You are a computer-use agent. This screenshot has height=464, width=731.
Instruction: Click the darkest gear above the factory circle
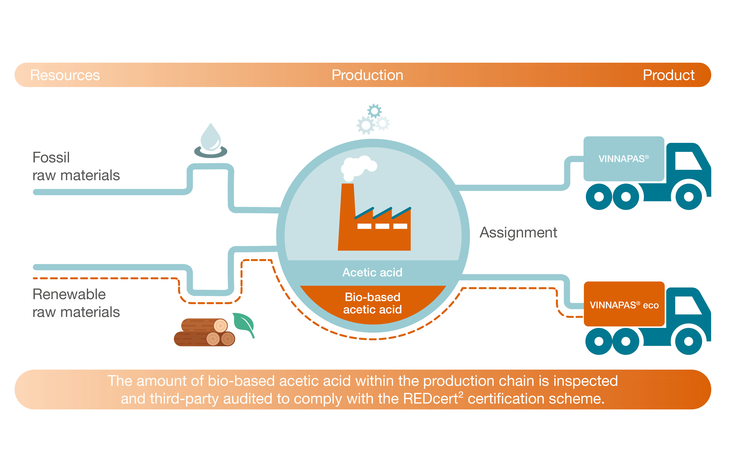[x=374, y=111]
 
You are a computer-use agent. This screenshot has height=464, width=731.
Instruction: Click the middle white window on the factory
[x=382, y=226]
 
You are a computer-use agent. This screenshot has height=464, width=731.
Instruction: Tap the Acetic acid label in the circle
[x=372, y=272]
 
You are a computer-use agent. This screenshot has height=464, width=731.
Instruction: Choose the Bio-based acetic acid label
[x=373, y=303]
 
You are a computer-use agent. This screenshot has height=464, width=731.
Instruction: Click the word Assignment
[x=518, y=233]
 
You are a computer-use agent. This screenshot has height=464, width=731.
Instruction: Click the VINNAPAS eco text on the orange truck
[x=624, y=305]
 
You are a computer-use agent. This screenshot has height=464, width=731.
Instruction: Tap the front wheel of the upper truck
[x=689, y=196]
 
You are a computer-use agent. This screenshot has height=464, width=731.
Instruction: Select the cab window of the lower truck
[x=687, y=305]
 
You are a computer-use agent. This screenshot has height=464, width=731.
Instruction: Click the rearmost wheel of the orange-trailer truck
[x=599, y=341]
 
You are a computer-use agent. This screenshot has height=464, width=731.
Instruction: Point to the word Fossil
[x=51, y=157]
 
